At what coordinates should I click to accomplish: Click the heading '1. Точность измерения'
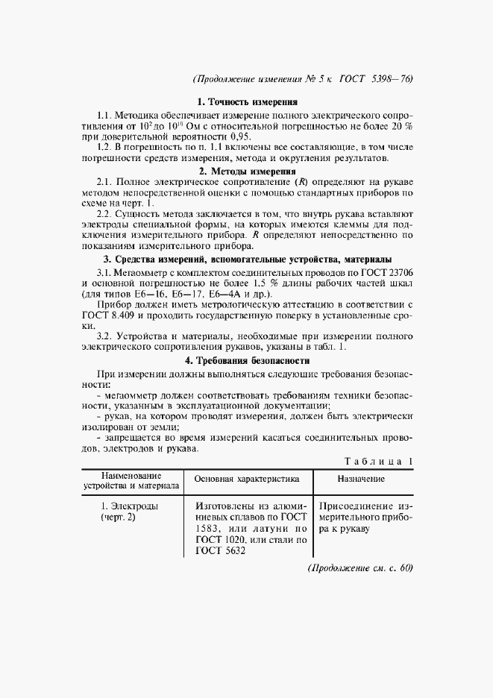click(247, 101)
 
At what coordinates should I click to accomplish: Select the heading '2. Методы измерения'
click(247, 171)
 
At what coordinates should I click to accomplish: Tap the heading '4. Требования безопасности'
click(247, 360)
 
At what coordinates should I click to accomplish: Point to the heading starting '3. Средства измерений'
click(247, 259)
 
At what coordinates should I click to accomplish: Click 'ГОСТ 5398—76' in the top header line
click(376, 78)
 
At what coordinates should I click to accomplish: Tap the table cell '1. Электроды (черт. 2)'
click(119, 512)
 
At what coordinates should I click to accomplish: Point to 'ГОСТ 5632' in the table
click(222, 552)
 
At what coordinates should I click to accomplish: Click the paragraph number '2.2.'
click(107, 213)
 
